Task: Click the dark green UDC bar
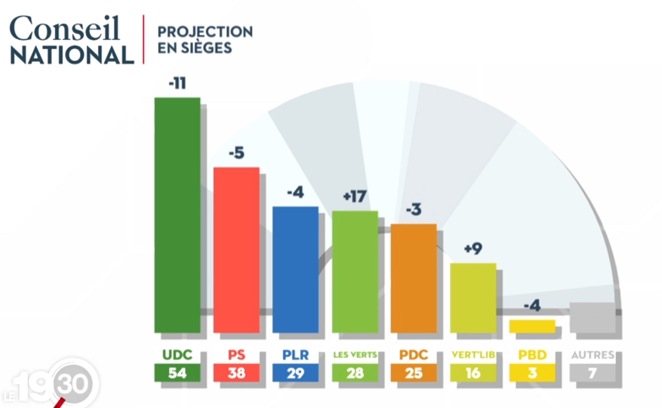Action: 177,215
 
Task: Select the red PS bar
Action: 236,249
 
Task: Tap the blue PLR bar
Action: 295,269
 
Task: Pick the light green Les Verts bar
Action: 355,272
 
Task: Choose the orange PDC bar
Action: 414,278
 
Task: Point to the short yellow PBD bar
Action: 532,326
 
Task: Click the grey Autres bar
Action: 592,317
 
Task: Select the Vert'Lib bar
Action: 473,298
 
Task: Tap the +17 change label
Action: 354,197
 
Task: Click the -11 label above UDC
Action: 177,83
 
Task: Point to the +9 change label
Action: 473,249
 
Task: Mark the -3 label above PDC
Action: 414,209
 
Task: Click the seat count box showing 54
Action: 177,373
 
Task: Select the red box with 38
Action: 236,373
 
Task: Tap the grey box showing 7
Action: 592,373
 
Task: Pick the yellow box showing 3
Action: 532,373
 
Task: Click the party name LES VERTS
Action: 355,355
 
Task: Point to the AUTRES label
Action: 592,355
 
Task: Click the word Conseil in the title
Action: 65,29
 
